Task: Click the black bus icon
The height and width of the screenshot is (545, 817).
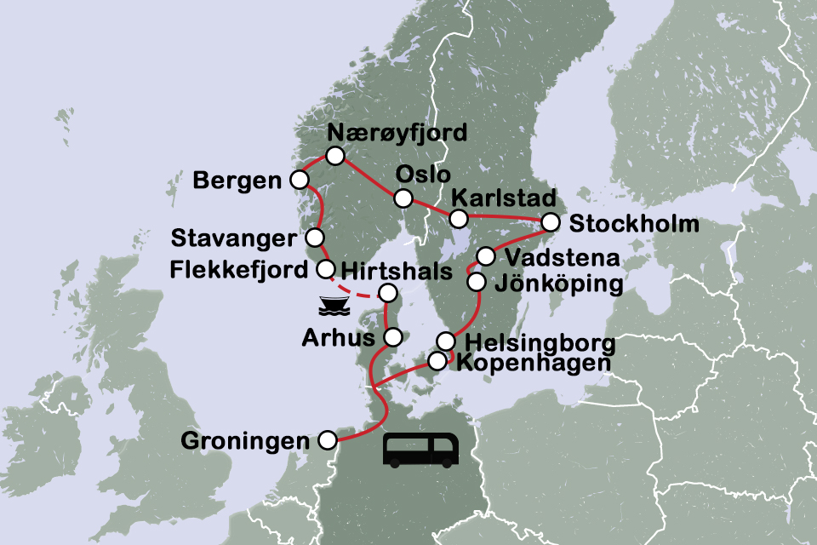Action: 421,450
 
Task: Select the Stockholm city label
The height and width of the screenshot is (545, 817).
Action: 635,225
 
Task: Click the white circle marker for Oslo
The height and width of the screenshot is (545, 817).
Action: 403,198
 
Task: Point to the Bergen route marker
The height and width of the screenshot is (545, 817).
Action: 299,180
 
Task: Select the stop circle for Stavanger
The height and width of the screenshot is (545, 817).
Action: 315,237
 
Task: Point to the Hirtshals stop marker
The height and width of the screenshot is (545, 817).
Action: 387,294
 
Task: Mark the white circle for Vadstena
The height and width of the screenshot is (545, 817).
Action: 485,255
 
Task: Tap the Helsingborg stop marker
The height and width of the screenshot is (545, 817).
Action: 446,341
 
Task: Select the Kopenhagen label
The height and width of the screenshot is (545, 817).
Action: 533,363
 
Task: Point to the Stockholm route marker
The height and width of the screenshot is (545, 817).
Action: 551,223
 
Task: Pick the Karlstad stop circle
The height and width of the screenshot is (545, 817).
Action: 459,218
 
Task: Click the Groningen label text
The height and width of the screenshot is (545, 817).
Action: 245,441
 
